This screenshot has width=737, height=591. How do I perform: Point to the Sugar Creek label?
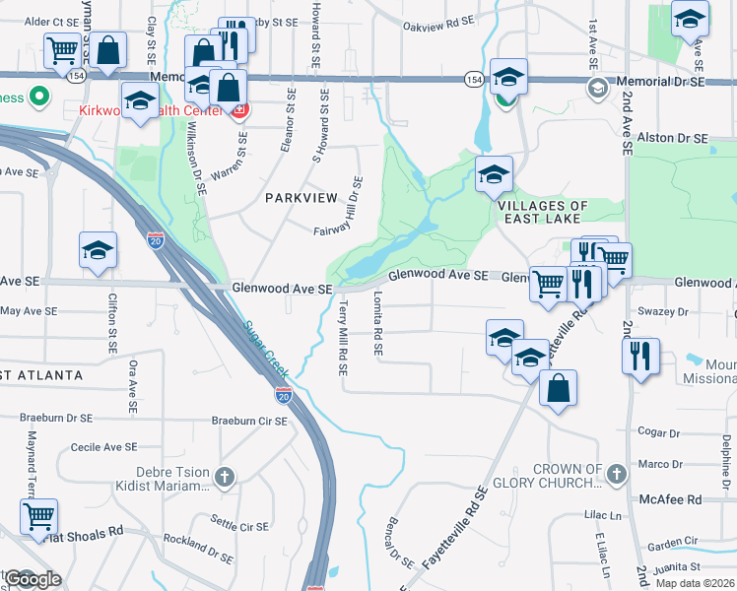point(265,351)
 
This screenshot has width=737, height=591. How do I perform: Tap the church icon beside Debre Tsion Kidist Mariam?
point(225,477)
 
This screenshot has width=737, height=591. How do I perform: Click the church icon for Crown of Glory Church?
point(616,475)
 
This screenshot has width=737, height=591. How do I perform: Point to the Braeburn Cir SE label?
point(249,421)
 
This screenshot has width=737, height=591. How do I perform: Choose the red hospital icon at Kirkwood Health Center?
point(239,111)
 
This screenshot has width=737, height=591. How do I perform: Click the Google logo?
point(33,579)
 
